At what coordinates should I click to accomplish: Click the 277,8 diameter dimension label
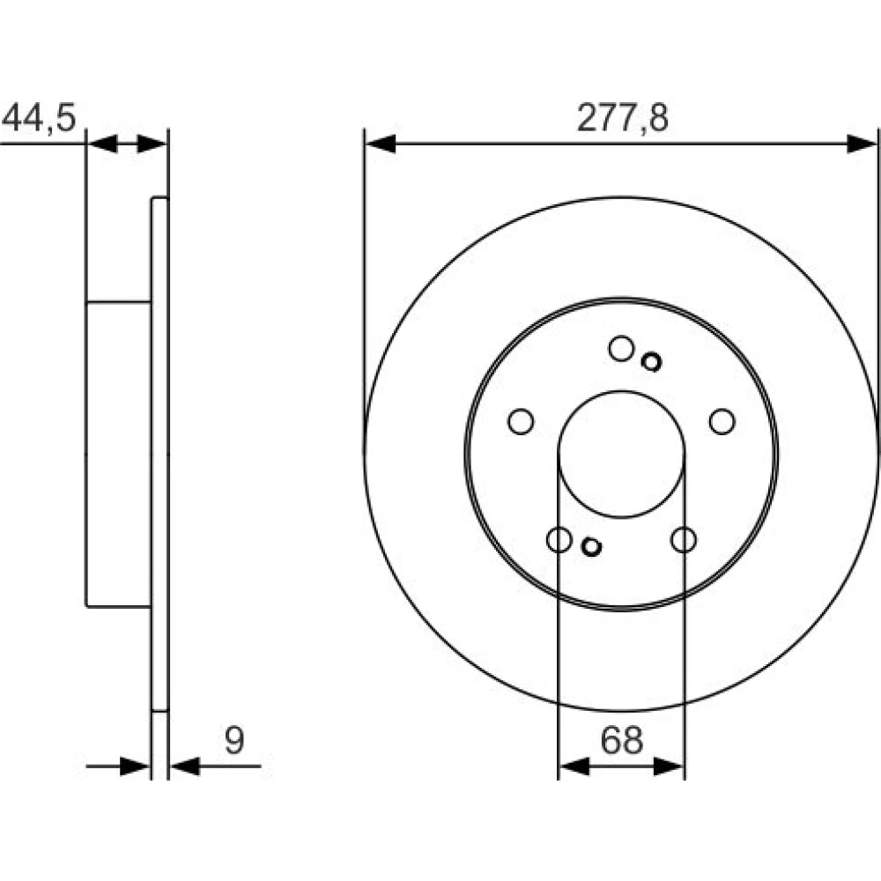click(623, 118)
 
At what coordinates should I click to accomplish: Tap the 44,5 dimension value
click(39, 118)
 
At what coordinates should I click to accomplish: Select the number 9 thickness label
click(234, 740)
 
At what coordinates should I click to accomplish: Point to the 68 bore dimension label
click(621, 740)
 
